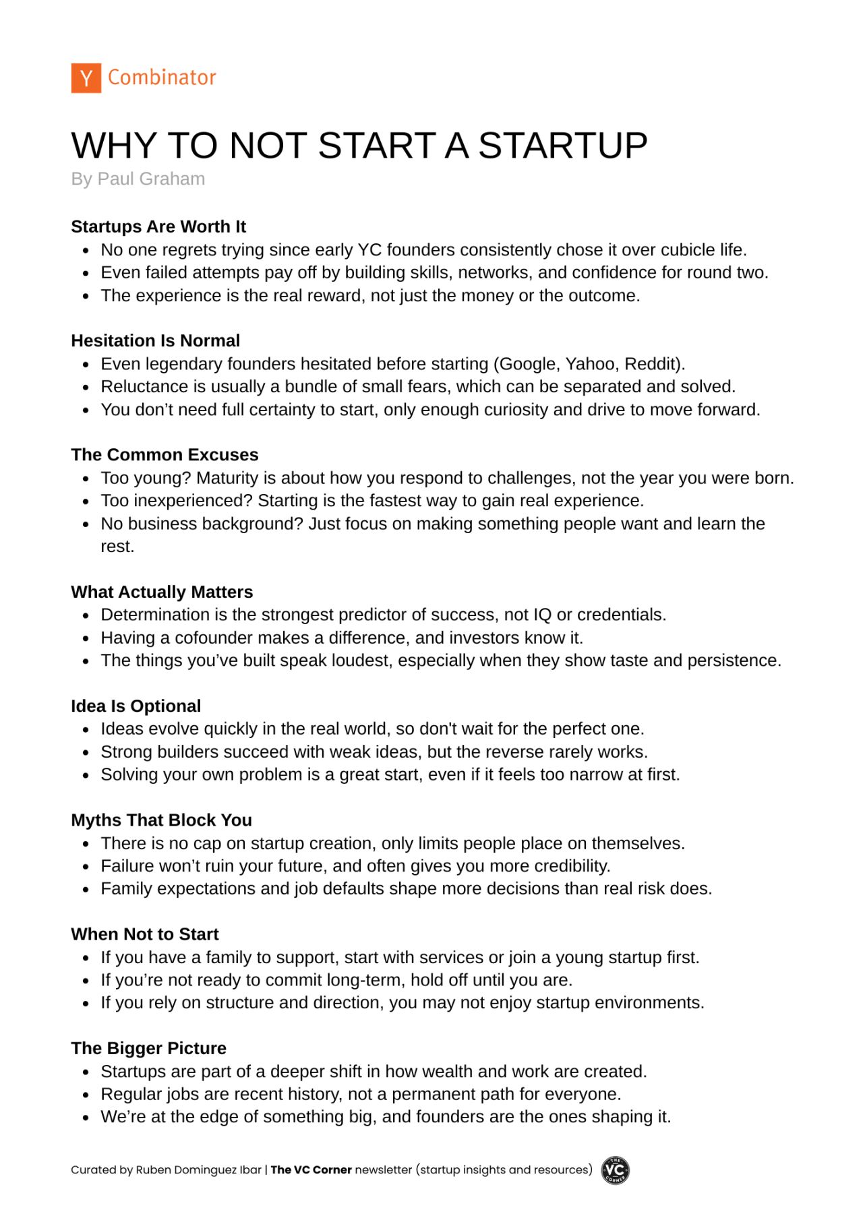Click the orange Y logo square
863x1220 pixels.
(86, 78)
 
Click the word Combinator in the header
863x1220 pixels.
(162, 78)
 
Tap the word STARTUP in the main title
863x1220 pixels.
(563, 146)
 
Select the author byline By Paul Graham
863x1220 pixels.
(138, 179)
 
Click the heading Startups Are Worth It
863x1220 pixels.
(158, 226)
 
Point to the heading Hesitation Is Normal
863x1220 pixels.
(156, 340)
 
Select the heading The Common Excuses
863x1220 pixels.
(165, 454)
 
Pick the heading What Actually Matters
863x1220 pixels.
(162, 592)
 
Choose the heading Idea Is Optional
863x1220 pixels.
(136, 706)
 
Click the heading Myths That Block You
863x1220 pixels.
(162, 820)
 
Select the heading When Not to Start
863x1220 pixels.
(145, 934)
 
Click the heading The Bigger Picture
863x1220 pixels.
(149, 1048)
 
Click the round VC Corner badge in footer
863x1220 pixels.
(615, 1170)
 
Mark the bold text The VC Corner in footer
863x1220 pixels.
(311, 1170)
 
